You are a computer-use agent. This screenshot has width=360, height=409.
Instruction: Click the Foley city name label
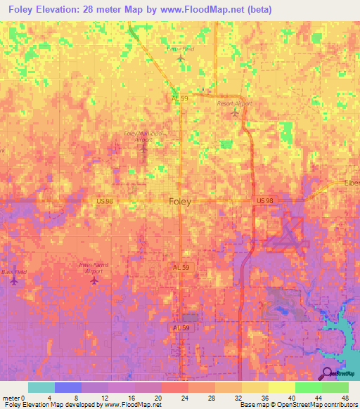click(181, 202)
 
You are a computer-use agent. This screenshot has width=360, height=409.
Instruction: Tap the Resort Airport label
click(234, 103)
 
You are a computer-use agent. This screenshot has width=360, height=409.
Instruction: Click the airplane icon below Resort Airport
click(235, 112)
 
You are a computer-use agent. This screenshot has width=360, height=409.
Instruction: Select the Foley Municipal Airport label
click(143, 136)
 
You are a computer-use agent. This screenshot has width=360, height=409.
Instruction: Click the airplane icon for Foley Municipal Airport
click(143, 147)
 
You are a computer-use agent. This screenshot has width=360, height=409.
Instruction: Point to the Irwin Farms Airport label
click(94, 268)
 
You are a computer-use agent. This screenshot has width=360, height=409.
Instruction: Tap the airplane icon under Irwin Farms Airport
click(95, 280)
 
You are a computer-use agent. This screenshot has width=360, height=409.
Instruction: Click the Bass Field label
click(13, 271)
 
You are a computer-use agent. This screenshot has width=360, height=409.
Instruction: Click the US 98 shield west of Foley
click(105, 202)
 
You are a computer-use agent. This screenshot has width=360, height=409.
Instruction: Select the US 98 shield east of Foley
click(264, 201)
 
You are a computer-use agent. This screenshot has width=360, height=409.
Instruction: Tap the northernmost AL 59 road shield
click(181, 99)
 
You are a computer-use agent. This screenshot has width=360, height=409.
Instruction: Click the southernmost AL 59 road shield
click(181, 327)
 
